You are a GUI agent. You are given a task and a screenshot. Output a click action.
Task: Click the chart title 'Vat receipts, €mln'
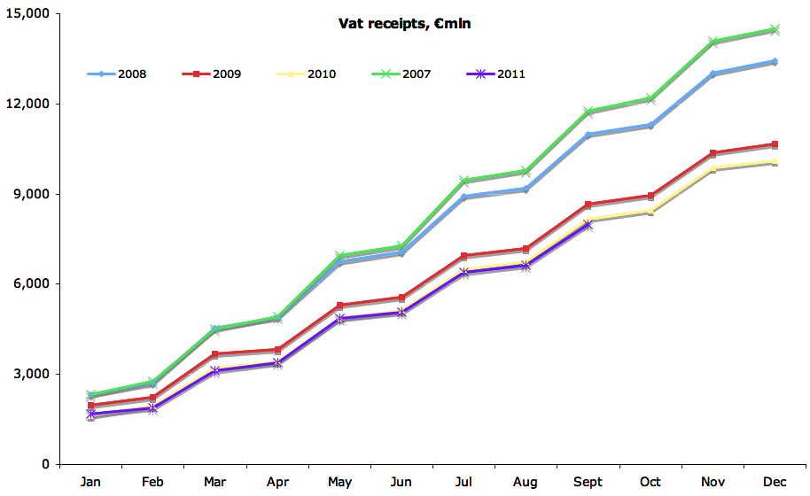[x=405, y=24]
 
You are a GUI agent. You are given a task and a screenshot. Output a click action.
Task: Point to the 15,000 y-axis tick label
[x=29, y=14]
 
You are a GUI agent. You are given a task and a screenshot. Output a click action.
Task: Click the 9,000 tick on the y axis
[x=33, y=194]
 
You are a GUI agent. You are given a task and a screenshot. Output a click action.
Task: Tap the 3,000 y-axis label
[x=33, y=374]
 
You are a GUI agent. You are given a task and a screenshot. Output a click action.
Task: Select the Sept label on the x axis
[x=588, y=482]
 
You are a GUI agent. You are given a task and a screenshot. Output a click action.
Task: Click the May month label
[x=339, y=482]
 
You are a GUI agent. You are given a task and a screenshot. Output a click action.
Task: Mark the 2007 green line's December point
[x=774, y=29]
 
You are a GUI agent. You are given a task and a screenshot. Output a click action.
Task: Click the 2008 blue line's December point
[x=774, y=61]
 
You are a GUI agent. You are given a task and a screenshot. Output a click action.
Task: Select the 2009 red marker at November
[x=712, y=153]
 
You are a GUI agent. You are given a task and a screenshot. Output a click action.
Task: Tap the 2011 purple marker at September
[x=588, y=225]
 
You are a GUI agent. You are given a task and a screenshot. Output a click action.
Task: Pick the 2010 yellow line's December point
[x=774, y=161]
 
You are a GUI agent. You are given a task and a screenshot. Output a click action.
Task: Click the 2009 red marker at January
[x=91, y=406]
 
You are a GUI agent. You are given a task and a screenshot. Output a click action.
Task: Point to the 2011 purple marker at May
[x=339, y=319]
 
